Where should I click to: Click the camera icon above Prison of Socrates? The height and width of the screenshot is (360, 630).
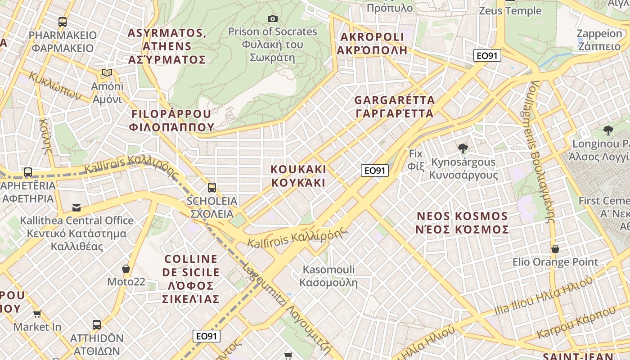click(x=272, y=18)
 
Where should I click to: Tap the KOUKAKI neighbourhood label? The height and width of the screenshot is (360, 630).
click(x=298, y=176)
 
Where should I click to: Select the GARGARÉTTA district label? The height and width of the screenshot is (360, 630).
click(x=394, y=107)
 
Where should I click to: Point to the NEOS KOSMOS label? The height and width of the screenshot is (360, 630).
click(x=462, y=223)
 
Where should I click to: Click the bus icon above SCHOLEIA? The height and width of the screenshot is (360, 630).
click(x=211, y=188)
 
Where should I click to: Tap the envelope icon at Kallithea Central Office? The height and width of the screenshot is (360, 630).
click(x=76, y=207)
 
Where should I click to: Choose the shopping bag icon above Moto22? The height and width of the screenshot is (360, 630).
click(x=126, y=269)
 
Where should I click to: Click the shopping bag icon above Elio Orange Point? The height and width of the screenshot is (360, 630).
click(x=555, y=249)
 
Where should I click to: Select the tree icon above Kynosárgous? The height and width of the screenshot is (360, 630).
click(x=463, y=148)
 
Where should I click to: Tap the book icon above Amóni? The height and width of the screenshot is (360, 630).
click(x=107, y=72)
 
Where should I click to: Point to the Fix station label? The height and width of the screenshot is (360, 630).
click(x=416, y=160)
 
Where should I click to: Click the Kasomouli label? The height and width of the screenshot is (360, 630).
click(x=328, y=276)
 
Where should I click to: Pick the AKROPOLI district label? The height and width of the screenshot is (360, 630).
click(x=372, y=43)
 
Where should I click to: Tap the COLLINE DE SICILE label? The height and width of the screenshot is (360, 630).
click(x=191, y=279)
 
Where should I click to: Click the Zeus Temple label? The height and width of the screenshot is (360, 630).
click(x=510, y=10)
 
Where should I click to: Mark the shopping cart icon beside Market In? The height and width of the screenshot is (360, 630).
click(x=37, y=314)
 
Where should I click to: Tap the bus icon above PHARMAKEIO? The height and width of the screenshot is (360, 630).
click(x=63, y=22)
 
